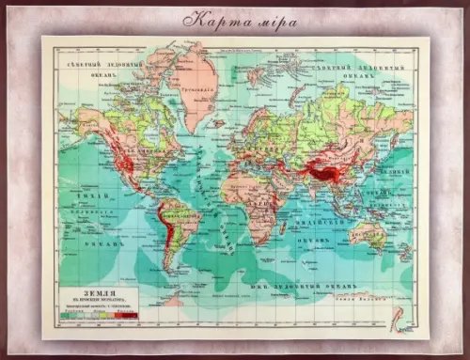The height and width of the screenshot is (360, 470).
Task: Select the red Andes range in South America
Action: pos(165,235)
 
